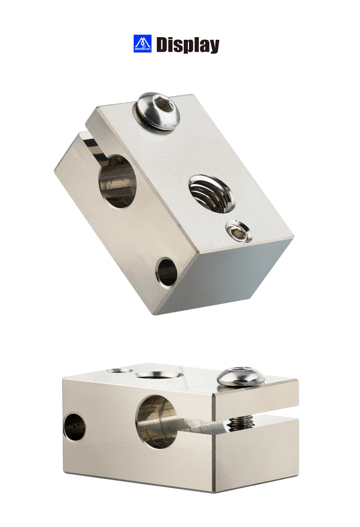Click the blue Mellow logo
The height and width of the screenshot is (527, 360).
[x=142, y=44]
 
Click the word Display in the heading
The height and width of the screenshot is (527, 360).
[x=188, y=45]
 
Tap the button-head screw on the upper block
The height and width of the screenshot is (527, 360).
[x=159, y=111]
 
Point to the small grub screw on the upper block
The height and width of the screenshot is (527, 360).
[x=238, y=231]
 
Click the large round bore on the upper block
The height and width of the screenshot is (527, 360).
[x=118, y=182]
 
